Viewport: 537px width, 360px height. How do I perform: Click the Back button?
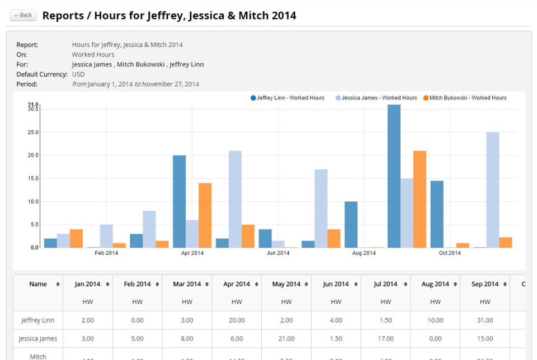point(23,15)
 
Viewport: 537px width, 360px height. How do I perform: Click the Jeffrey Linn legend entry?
point(288,98)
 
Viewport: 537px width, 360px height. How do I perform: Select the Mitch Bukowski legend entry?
point(465,98)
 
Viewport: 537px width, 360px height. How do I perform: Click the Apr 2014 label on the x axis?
point(192,253)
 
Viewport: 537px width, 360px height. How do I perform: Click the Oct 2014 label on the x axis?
point(450,253)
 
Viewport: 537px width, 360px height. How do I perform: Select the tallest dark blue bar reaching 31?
point(394,176)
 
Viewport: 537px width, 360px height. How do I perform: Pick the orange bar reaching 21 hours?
point(420,199)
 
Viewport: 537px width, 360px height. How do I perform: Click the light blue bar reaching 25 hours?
point(493,190)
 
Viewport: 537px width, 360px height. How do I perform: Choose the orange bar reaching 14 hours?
point(205,215)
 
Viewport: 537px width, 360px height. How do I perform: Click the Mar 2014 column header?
point(187,284)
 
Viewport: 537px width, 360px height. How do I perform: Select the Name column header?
point(38,284)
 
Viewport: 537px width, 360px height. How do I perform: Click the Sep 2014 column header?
point(485,284)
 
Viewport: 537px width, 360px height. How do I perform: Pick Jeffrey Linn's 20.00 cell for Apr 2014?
point(237,320)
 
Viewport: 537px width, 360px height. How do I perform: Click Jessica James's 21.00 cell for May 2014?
point(286,338)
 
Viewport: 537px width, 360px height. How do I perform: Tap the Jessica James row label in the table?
point(38,338)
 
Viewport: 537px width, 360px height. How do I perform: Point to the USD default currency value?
point(78,74)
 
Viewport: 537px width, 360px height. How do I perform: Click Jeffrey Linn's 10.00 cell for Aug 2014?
point(435,320)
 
